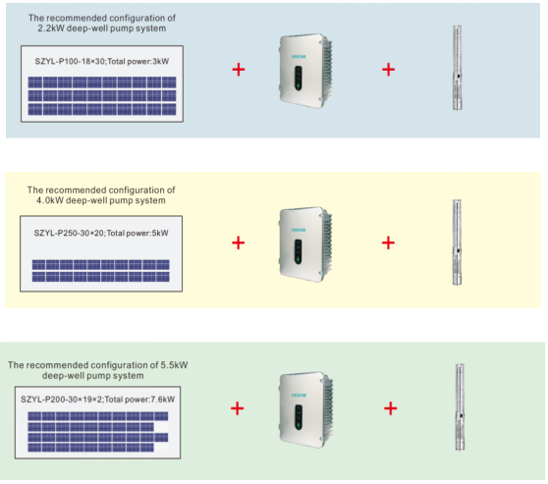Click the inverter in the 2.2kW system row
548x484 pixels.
[305, 71]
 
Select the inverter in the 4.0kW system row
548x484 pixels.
[305, 244]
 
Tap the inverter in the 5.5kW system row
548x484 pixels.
[306, 409]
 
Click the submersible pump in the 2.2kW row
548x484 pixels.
[458, 68]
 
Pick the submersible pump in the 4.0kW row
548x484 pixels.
[457, 242]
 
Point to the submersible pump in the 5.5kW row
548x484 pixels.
[460, 407]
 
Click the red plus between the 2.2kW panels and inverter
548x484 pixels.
[239, 70]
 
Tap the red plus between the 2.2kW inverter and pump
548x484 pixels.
[388, 70]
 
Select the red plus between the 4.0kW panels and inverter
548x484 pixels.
[238, 242]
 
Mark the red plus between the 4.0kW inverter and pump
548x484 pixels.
[388, 242]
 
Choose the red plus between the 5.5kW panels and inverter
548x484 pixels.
[238, 408]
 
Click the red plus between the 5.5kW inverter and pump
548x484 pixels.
[391, 408]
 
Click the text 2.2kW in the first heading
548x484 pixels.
[51, 28]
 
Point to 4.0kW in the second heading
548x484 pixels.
[50, 200]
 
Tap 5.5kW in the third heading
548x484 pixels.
[174, 365]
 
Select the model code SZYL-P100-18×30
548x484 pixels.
[70, 62]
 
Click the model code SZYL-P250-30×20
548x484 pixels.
[69, 233]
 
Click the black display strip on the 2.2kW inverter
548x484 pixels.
[298, 78]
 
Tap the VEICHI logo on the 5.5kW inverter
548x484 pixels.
[299, 396]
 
